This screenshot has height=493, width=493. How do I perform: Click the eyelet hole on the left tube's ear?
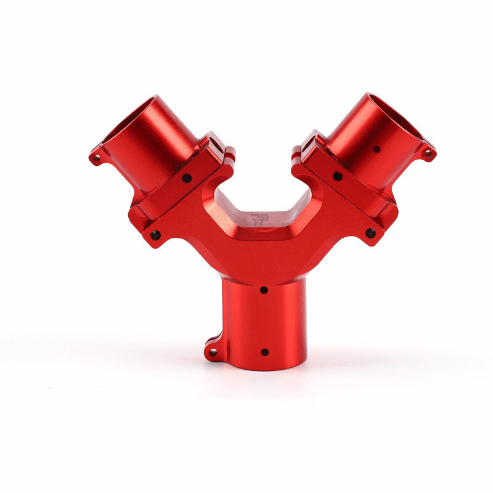pos(96,158)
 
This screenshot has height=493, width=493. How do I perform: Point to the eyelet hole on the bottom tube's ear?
pos(213,352)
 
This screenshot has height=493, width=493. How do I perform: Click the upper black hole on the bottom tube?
pos(264,289)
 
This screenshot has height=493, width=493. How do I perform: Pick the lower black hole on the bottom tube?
pos(264,352)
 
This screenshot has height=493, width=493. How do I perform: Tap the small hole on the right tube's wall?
pos(376,149)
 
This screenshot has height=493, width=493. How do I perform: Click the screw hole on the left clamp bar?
pos(186,178)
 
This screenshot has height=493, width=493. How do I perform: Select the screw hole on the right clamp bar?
pos(337,176)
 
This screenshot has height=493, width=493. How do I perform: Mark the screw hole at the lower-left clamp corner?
pos(155,235)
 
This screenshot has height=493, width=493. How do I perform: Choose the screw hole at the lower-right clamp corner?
pos(370,233)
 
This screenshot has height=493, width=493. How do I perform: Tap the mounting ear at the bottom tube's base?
pos(213,349)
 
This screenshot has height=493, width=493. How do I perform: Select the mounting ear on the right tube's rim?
pos(425,152)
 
